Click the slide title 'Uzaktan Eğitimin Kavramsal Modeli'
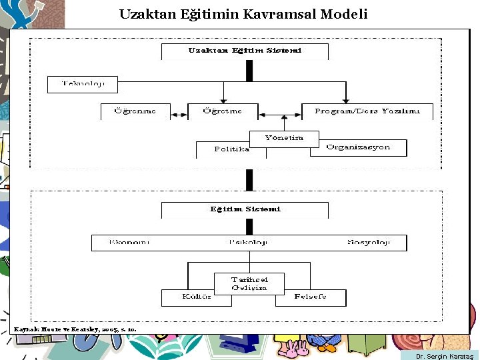[243, 14]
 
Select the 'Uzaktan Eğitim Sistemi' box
[245, 51]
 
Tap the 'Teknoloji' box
[83, 84]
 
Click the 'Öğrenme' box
[135, 111]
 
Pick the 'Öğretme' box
[222, 111]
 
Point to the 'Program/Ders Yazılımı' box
[367, 111]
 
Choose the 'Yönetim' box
[284, 138]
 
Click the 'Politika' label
[231, 149]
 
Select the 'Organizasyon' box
[358, 147]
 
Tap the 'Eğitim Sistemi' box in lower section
[245, 209]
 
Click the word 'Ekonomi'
[129, 243]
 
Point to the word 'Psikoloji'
[247, 243]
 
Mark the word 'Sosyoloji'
[367, 243]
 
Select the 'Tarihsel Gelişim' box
[249, 283]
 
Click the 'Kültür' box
[197, 297]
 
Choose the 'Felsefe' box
[311, 297]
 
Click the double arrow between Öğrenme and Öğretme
[179, 115]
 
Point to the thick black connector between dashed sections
[249, 179]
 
